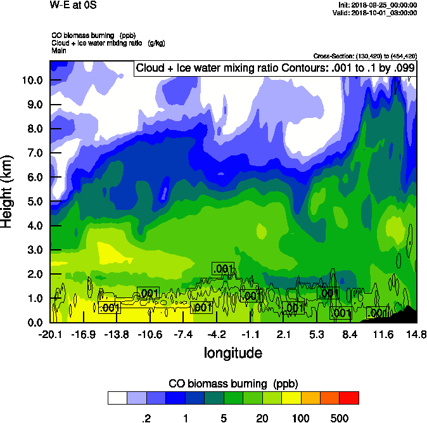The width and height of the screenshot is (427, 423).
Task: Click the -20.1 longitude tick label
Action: tap(49, 335)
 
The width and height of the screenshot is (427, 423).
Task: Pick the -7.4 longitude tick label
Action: tap(183, 335)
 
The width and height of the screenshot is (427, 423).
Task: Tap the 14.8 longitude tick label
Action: tap(416, 335)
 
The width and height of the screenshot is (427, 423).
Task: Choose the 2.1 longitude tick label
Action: tap(284, 335)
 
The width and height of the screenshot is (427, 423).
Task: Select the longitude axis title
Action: tap(233, 352)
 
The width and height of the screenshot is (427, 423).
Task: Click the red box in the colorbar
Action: tap(349, 398)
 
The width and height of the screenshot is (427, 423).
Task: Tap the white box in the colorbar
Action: tap(117, 398)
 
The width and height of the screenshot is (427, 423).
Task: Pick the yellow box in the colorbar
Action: tap(291, 398)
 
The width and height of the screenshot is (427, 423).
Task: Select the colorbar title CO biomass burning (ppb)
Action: tap(233, 384)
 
